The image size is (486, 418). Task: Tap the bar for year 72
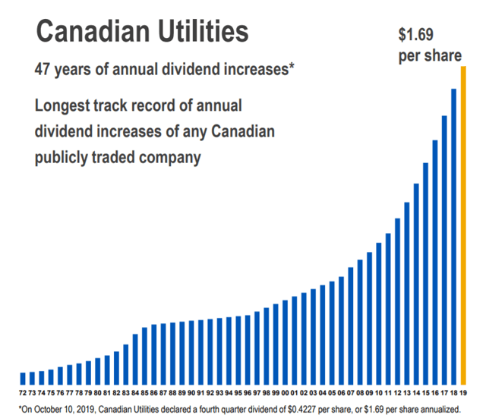click(23, 378)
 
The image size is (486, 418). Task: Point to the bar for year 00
click(286, 341)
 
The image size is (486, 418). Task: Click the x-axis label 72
click(23, 393)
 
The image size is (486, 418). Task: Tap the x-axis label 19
click(463, 393)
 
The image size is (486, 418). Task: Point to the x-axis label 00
click(286, 393)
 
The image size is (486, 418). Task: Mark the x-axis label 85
click(144, 393)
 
